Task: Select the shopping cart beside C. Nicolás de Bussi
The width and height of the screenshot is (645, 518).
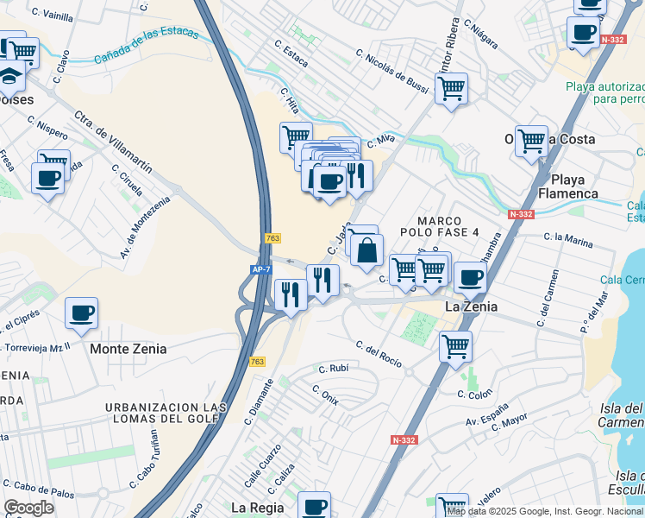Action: tap(451, 88)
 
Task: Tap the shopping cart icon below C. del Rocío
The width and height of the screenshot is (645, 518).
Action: tap(454, 347)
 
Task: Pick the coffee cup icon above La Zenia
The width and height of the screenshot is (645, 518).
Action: tap(470, 277)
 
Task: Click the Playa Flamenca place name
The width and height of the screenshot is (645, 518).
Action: tap(568, 186)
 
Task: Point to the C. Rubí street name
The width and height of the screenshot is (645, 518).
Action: tap(332, 369)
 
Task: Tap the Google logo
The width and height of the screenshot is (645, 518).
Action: tap(28, 508)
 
